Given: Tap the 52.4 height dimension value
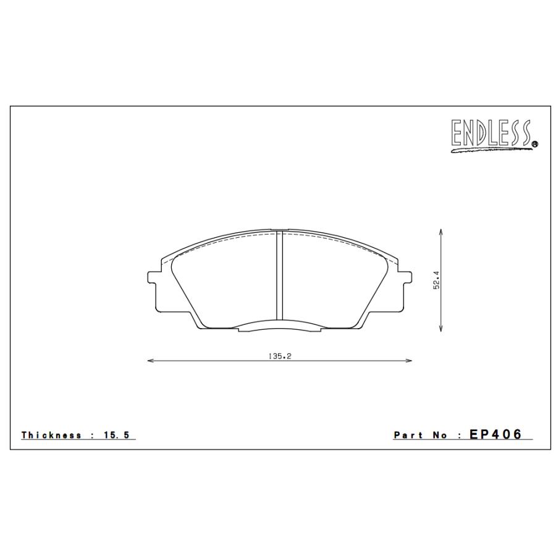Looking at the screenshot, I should [436, 280].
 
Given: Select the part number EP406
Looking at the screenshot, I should [496, 434].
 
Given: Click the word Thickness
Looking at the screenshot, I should [52, 435].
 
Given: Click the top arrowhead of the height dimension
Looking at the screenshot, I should [440, 231].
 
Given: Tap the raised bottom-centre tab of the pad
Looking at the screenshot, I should [279, 327].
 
